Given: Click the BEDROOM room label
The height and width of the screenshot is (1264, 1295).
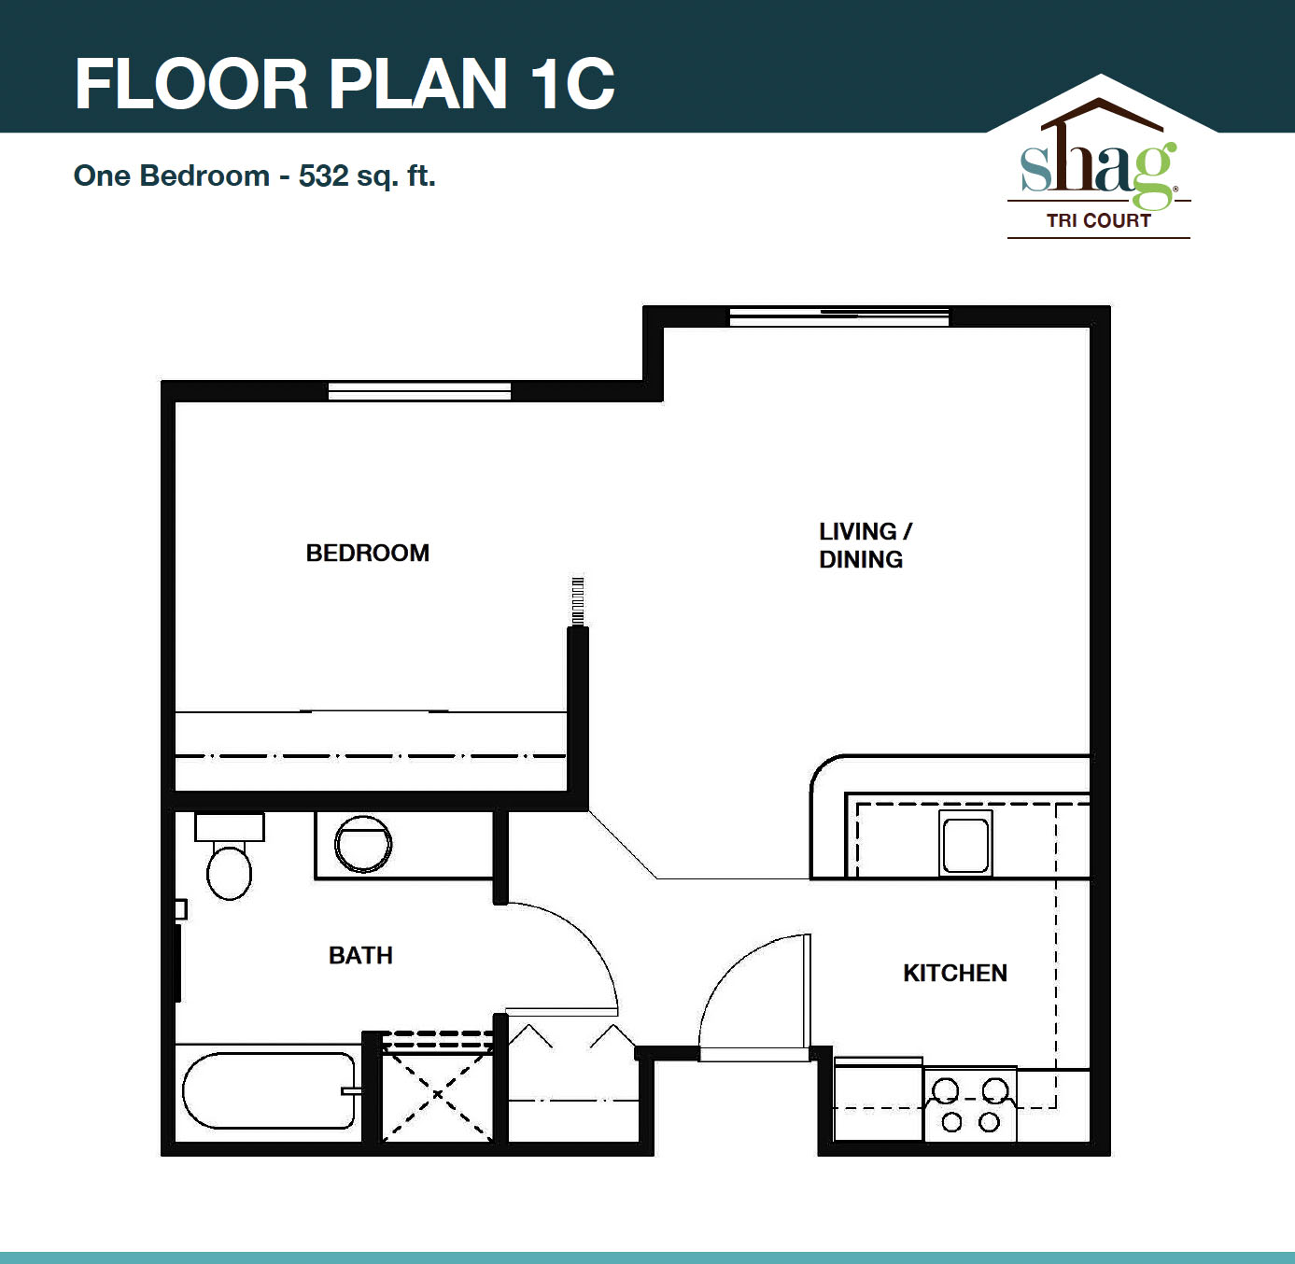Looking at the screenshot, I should pyautogui.click(x=368, y=553).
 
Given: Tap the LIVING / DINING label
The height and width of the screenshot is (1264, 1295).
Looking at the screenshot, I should pyautogui.click(x=864, y=545).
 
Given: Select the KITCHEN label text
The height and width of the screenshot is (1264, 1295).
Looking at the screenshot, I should pyautogui.click(x=954, y=973).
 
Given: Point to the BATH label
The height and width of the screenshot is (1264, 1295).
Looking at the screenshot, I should pyautogui.click(x=360, y=955).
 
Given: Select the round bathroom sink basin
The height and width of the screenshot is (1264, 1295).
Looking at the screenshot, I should pyautogui.click(x=363, y=844).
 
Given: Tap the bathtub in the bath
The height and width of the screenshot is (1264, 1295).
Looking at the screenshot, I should pyautogui.click(x=269, y=1090).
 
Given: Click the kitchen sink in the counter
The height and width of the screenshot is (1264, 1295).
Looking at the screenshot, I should pyautogui.click(x=965, y=845).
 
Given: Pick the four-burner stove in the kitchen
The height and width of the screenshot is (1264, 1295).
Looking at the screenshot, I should pyautogui.click(x=970, y=1104).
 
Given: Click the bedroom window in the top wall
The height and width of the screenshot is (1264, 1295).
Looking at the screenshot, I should pyautogui.click(x=419, y=391).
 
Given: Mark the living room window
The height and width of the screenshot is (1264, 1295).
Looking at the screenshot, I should pyautogui.click(x=838, y=316).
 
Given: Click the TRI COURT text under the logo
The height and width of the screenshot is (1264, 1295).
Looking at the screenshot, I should pyautogui.click(x=1098, y=221).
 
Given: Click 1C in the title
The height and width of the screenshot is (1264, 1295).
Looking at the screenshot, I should pyautogui.click(x=572, y=84).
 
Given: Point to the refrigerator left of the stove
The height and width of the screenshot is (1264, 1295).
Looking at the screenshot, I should pyautogui.click(x=878, y=1100).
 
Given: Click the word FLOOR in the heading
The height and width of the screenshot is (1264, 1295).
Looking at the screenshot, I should pyautogui.click(x=191, y=84).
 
